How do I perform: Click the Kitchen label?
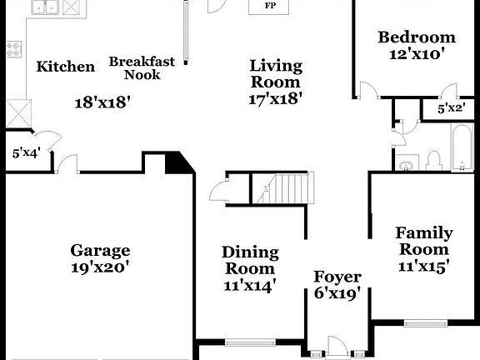pos(66,67)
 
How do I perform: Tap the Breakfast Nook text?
pos(142,67)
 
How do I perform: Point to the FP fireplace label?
pos(270,6)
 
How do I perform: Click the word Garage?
pos(100,250)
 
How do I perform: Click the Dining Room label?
pos(250,260)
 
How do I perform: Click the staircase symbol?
pos(281,187)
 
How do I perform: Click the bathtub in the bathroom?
pos(462,148)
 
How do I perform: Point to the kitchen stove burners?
pos(13,49)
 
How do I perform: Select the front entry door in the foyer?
pos(337,347)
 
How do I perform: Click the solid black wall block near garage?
pos(177,162)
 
